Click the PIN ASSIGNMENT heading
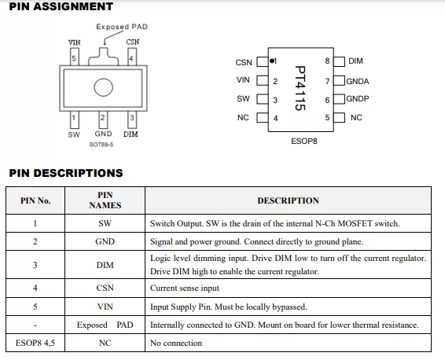61,6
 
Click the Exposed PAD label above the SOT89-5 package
122,27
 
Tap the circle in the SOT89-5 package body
103,87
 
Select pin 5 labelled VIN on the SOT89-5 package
75,57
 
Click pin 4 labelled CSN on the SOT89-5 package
131,57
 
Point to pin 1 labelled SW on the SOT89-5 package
75,119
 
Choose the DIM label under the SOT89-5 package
131,134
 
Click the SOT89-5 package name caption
101,145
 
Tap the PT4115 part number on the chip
300,88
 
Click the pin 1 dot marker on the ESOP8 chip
272,61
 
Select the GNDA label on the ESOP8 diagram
358,82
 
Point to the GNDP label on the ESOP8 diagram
358,98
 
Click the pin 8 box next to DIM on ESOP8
339,61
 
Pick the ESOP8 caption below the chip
304,141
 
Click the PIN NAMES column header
105,200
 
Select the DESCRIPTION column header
288,200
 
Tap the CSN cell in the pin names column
105,288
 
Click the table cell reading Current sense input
185,288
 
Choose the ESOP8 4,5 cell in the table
35,343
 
